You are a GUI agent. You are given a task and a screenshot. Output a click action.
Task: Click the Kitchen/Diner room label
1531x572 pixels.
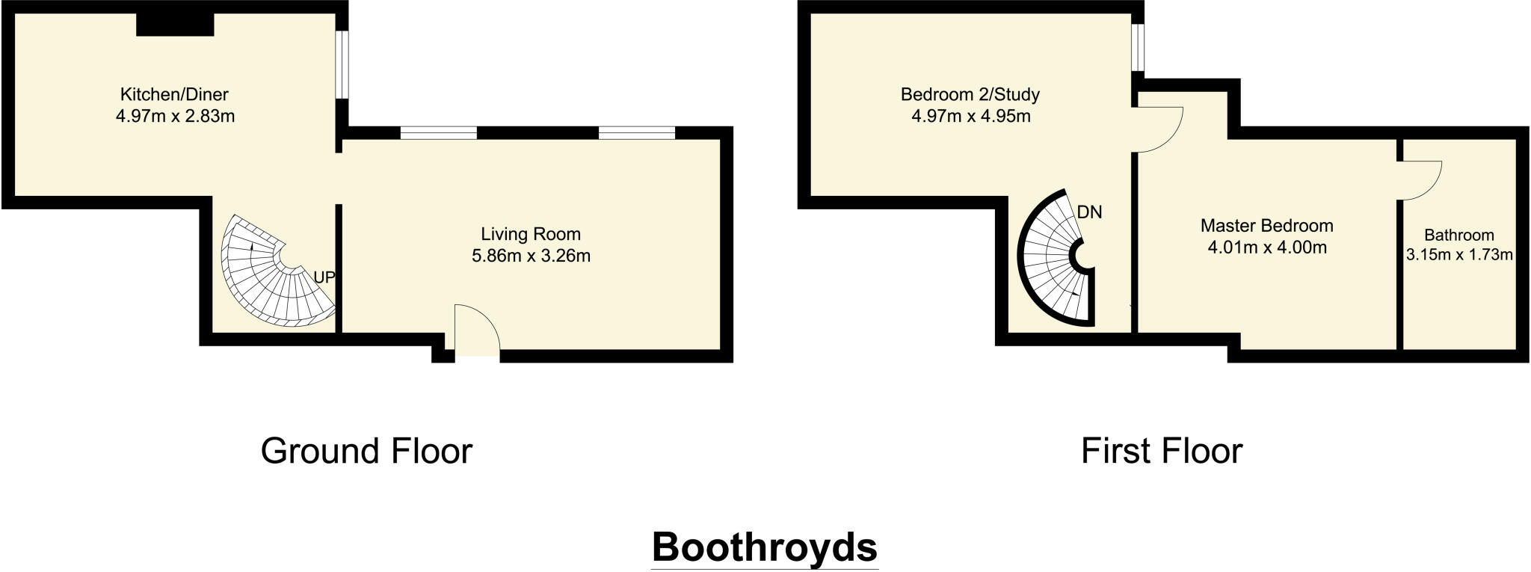(x=174, y=95)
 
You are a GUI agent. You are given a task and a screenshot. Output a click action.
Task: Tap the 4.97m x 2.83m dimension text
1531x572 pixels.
(x=175, y=117)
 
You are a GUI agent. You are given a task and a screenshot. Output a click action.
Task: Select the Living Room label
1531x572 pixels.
(x=530, y=234)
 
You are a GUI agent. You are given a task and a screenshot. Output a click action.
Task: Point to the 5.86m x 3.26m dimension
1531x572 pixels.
(x=531, y=256)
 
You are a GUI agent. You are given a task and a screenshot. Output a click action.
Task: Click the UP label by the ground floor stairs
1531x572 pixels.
(x=324, y=277)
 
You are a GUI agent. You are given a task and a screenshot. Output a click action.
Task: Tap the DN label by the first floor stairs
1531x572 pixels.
(x=1089, y=212)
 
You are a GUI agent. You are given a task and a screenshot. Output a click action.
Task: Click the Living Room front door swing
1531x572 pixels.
(x=475, y=329)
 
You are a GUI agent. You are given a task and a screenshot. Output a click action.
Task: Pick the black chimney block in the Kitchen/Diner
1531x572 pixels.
(x=175, y=24)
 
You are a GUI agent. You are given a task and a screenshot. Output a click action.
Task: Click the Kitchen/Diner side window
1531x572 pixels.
(x=341, y=64)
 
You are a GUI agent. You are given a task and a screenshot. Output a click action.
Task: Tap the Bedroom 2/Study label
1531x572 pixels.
(x=970, y=95)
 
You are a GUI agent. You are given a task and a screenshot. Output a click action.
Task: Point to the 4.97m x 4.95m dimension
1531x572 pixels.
(x=970, y=117)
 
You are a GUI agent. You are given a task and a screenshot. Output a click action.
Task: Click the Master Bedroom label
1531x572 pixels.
(x=1266, y=226)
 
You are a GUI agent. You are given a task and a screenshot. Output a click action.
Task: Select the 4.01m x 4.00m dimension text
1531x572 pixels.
(x=1267, y=247)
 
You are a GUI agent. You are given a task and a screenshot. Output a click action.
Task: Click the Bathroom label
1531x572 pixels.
(x=1458, y=235)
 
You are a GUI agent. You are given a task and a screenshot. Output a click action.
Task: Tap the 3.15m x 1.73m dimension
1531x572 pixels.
(x=1459, y=255)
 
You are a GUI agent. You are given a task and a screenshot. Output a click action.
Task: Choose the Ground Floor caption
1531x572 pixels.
(x=366, y=452)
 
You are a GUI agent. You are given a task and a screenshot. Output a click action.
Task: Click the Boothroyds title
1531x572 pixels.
(x=764, y=547)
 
